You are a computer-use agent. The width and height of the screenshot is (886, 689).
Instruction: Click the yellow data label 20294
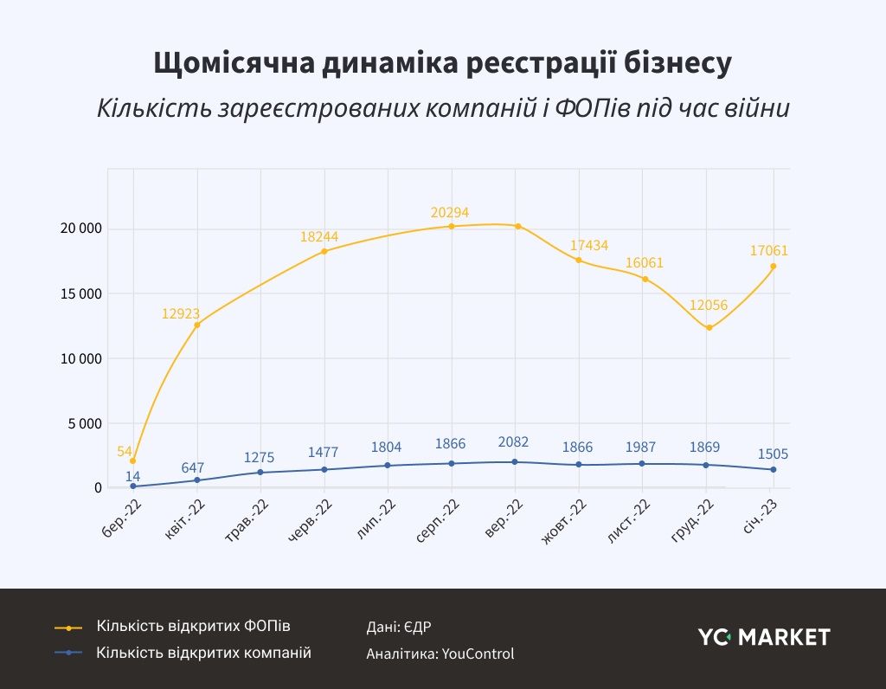click(x=450, y=212)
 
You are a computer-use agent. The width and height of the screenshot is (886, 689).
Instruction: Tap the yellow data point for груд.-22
click(x=709, y=328)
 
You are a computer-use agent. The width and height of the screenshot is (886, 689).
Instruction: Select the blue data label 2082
click(x=514, y=442)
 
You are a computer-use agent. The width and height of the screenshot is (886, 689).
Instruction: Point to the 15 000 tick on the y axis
click(x=77, y=293)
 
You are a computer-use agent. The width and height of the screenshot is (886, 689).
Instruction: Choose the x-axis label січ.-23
click(x=761, y=519)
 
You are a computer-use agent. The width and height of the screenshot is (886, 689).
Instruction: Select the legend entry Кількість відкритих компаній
click(x=203, y=653)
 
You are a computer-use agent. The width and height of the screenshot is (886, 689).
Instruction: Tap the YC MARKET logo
click(x=764, y=637)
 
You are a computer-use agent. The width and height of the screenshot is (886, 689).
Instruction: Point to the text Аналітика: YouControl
click(x=440, y=654)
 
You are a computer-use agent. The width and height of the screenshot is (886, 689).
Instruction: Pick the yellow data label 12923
click(x=180, y=312)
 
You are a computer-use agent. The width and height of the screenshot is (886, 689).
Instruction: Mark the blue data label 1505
click(x=772, y=454)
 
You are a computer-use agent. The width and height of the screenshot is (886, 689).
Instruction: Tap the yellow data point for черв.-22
click(x=324, y=251)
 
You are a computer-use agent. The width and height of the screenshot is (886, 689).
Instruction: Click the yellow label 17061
click(x=769, y=250)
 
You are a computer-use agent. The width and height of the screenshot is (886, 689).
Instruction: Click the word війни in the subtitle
click(x=757, y=110)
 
